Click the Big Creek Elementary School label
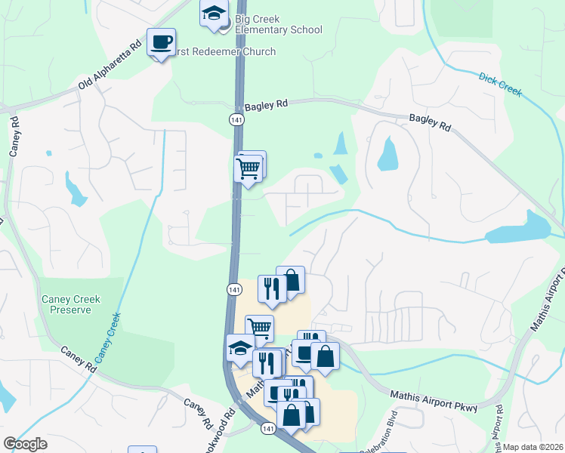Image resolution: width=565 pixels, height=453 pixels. (278, 24)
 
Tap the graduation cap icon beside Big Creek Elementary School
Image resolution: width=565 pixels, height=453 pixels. (214, 14)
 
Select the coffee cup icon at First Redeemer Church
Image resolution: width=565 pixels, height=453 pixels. (161, 42)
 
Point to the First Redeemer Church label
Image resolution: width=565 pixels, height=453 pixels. (224, 51)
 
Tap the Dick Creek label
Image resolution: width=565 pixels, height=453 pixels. (500, 84)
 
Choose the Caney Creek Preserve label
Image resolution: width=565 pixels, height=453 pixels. (71, 304)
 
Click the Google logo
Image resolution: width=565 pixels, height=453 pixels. (25, 444)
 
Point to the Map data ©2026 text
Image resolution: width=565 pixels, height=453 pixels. (533, 447)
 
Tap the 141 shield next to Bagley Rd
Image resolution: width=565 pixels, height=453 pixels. (236, 119)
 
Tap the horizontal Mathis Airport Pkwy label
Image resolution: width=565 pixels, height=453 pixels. (434, 401)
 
